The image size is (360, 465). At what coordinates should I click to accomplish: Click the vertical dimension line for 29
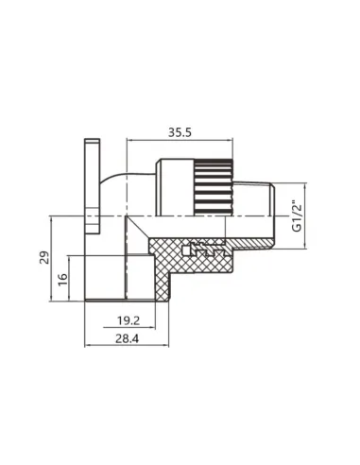[x=56, y=258]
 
